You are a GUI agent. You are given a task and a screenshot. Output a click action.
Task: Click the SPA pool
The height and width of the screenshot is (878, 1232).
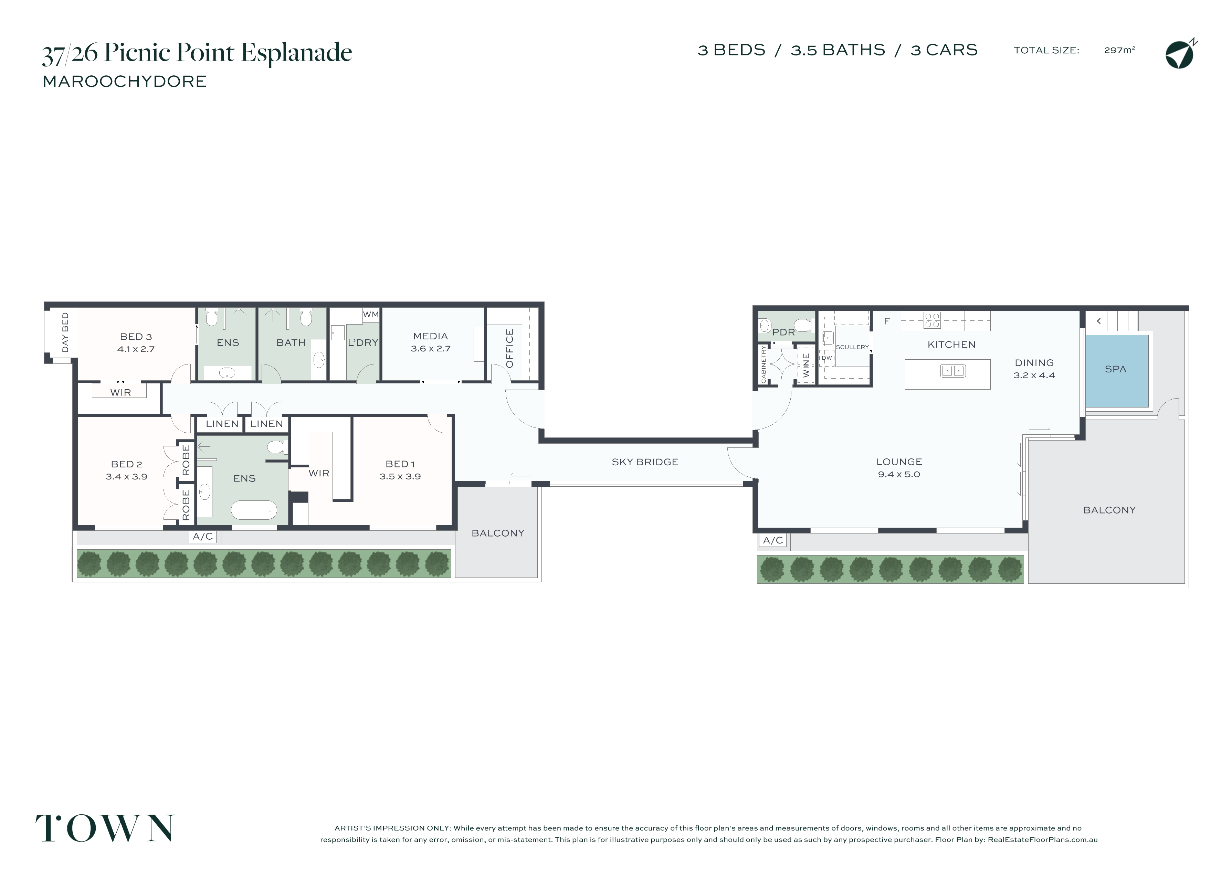click(x=1117, y=371)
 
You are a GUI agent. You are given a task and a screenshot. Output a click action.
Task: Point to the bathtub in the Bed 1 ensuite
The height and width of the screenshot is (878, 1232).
click(x=254, y=510)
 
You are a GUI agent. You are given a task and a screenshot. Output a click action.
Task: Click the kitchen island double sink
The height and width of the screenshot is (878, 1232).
click(x=952, y=371)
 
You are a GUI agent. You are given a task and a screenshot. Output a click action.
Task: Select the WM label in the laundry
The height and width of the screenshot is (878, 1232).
click(x=371, y=315)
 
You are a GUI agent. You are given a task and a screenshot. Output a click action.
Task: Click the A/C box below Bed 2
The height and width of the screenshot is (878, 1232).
click(x=203, y=536)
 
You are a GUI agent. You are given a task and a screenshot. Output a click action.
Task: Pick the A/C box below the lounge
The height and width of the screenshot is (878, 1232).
click(x=773, y=540)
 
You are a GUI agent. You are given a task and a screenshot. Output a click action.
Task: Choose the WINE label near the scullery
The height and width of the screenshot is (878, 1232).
click(x=807, y=366)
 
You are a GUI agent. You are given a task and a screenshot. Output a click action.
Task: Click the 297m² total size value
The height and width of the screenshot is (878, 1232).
click(x=1119, y=50)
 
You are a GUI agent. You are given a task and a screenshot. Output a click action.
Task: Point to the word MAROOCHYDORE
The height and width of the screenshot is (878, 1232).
click(x=125, y=82)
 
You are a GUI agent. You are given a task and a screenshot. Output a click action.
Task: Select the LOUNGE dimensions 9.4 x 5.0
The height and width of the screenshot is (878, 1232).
click(x=899, y=474)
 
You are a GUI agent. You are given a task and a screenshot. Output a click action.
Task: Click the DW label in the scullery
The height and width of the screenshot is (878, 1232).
click(x=827, y=358)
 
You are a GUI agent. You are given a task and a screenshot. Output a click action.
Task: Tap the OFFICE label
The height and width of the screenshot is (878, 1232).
click(x=509, y=349)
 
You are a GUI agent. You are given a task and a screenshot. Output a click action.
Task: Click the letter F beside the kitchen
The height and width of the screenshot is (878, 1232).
click(x=886, y=321)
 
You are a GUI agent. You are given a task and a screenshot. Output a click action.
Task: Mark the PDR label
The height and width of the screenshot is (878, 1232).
click(x=783, y=332)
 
